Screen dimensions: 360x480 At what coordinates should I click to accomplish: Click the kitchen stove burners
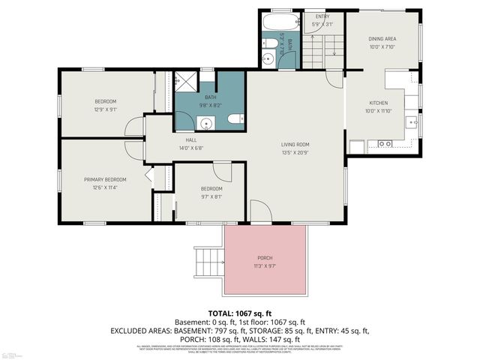point(384,143)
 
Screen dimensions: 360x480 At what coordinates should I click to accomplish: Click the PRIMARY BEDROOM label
point(105,180)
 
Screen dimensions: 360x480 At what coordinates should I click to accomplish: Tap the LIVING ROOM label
point(295,145)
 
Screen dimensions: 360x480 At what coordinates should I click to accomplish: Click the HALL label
point(190,140)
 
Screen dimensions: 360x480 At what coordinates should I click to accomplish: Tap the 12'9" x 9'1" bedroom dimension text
point(105,109)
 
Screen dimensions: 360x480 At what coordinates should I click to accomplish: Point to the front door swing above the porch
point(260,211)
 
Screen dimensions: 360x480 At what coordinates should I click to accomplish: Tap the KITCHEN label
point(377,103)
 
